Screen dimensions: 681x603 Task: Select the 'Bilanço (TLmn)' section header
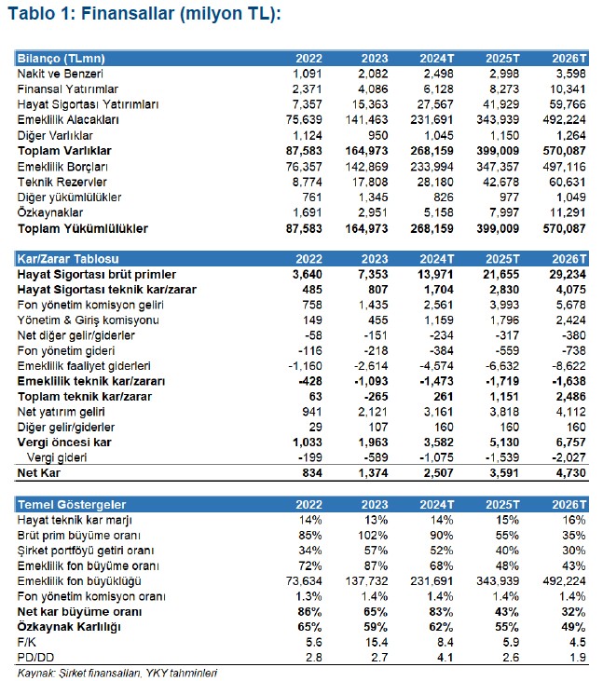pos(56,58)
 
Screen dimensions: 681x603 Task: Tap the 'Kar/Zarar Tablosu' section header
pos(64,259)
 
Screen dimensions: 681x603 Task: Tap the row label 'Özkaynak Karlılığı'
pos(70,627)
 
